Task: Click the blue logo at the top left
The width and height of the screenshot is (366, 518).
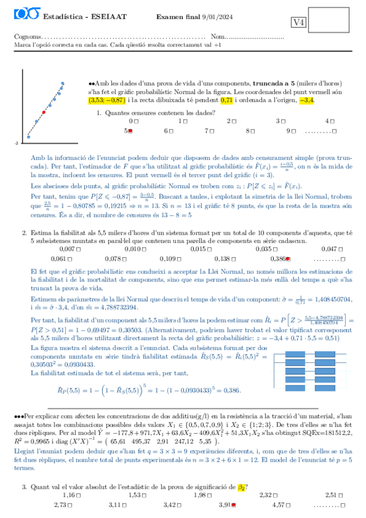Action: click(24, 12)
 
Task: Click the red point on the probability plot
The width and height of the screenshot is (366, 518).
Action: click(44, 112)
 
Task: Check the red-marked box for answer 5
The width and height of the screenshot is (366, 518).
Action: click(131, 131)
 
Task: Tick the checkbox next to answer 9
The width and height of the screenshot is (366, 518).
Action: click(293, 131)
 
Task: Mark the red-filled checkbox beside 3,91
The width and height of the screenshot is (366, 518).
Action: click(233, 506)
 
